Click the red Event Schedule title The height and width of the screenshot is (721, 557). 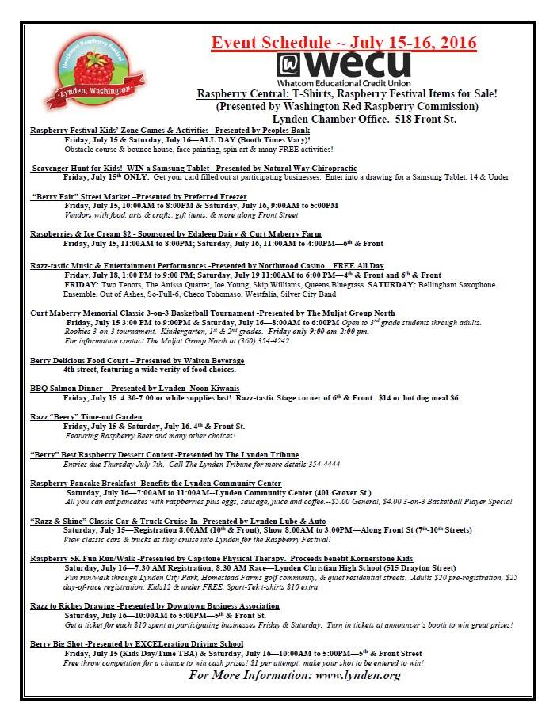344,42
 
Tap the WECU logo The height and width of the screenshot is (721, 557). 344,64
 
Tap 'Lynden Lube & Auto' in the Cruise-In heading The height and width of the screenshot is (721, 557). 280,521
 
